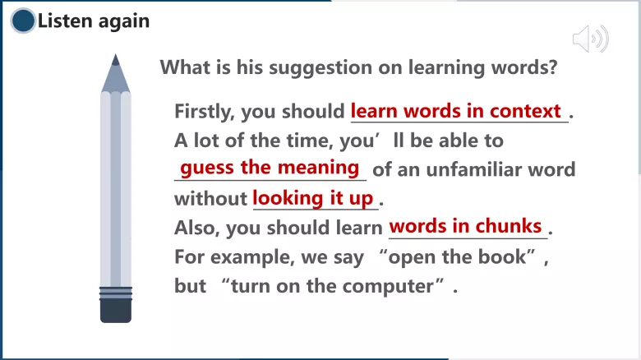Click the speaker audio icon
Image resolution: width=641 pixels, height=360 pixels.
(590, 39)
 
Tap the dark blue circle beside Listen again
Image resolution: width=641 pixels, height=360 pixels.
(24, 21)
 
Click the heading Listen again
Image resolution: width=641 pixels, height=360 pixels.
(94, 21)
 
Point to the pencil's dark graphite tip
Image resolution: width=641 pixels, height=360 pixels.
(115, 60)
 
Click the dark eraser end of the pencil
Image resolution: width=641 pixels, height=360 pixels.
(116, 309)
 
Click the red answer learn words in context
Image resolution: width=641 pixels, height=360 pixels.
(456, 111)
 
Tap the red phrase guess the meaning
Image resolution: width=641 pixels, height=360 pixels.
(270, 168)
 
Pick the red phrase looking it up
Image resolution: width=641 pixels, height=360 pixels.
(312, 197)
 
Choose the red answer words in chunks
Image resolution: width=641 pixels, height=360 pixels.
(465, 226)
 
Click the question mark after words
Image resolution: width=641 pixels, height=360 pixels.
(551, 67)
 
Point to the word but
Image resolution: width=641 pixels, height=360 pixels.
(190, 287)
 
